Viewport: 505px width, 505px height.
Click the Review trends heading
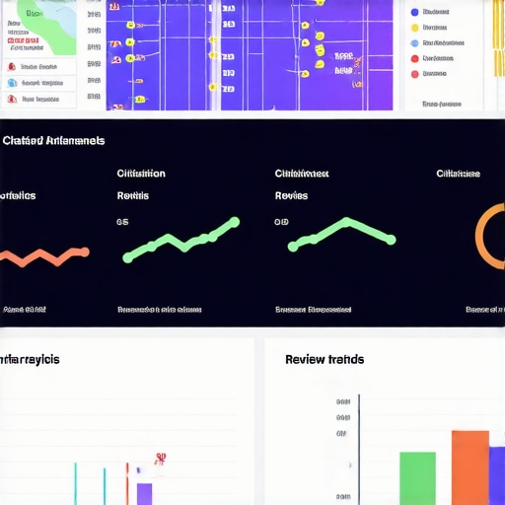[324, 359]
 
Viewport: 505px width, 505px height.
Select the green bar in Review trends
[417, 478]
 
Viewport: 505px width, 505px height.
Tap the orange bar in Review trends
[470, 469]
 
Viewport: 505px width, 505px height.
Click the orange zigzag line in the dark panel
[44, 256]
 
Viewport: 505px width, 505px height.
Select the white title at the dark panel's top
[53, 141]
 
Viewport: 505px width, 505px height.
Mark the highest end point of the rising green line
[234, 221]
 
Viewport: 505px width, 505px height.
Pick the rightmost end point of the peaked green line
[392, 240]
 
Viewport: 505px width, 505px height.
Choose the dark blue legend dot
[414, 12]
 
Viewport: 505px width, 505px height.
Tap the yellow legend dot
[414, 28]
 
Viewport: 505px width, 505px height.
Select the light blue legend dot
[414, 43]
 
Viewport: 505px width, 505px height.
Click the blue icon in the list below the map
[11, 83]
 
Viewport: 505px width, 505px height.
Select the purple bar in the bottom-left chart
[144, 493]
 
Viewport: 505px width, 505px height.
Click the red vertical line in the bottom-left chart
[126, 484]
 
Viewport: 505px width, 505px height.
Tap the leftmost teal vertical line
[75, 484]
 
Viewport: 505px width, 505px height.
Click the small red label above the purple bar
[159, 459]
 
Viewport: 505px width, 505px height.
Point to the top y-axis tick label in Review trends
[343, 401]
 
